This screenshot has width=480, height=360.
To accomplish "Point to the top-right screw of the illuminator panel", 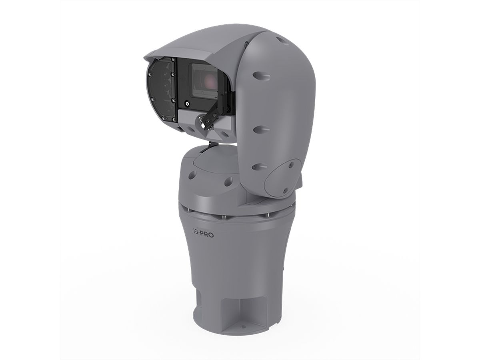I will tap(173, 60).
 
